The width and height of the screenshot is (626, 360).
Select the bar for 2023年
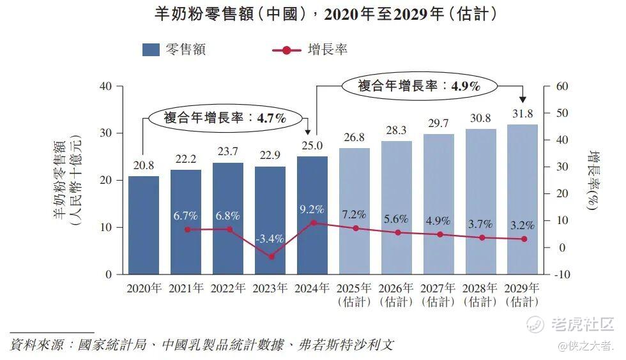270,220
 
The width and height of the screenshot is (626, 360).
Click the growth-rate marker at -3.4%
270,257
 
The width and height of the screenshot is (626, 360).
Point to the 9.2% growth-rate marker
312,223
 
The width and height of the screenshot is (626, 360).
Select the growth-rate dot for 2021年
187,229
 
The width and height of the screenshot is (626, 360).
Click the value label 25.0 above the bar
312,146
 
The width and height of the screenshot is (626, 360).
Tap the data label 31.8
522,114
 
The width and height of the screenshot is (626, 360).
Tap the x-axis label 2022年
228,289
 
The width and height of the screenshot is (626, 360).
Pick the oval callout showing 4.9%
419,86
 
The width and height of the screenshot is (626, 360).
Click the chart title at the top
326,14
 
